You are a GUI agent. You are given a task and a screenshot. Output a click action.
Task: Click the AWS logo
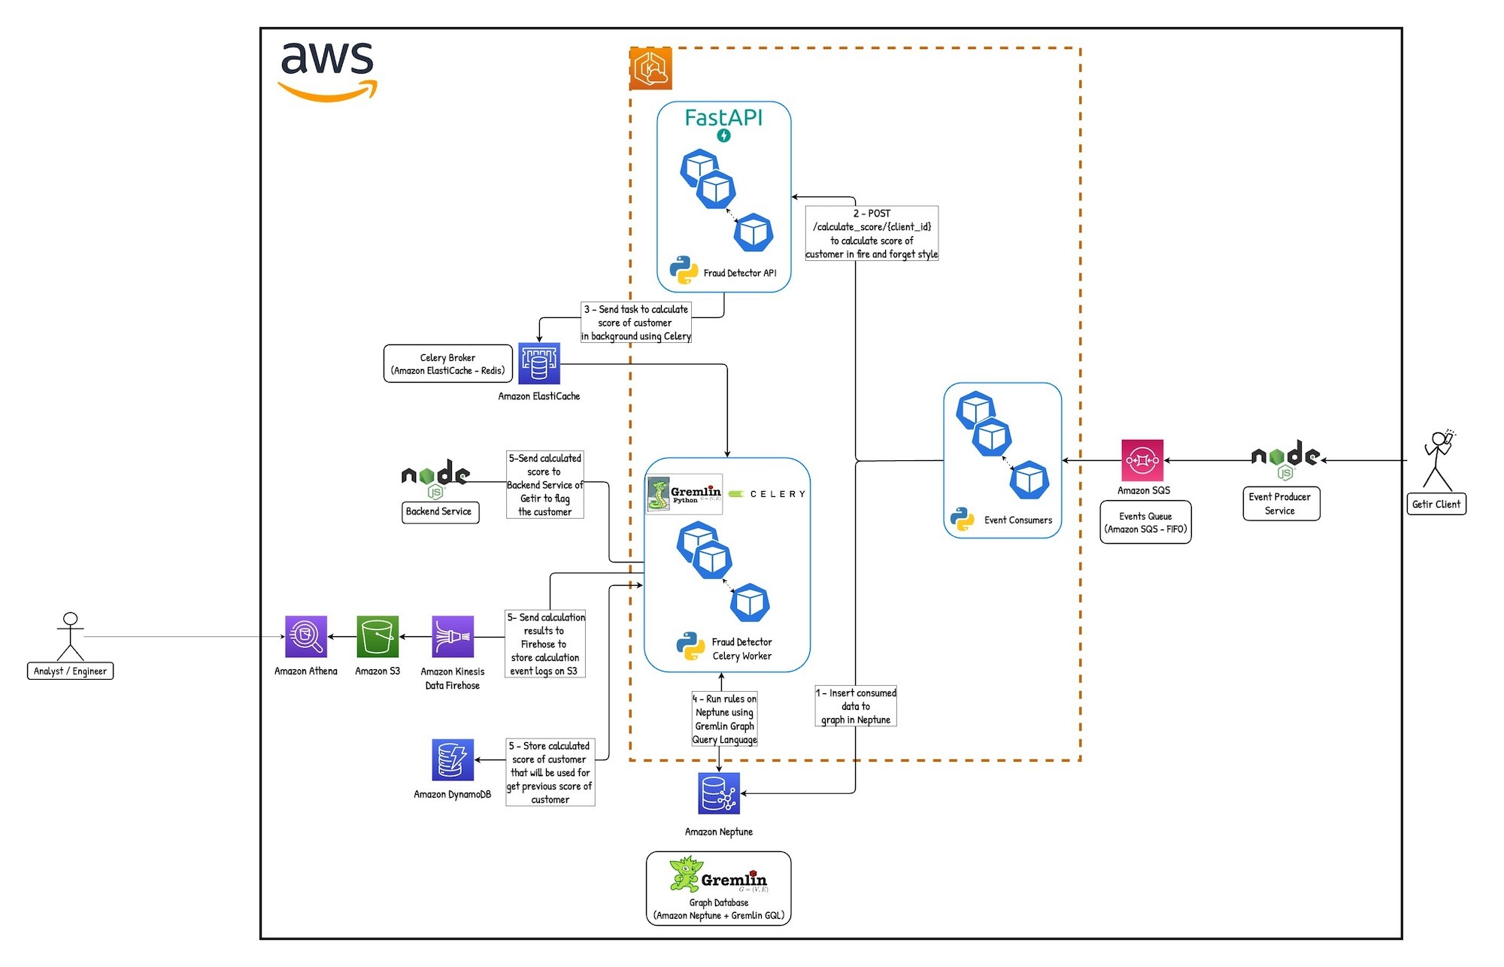pyautogui.click(x=328, y=71)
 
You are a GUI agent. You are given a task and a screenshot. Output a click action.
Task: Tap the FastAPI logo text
pyautogui.click(x=723, y=118)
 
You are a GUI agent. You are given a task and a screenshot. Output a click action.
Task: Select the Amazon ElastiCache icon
pyautogui.click(x=539, y=364)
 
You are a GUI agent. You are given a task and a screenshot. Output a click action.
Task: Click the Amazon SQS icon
pyautogui.click(x=1142, y=460)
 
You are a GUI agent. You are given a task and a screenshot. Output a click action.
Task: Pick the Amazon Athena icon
pyautogui.click(x=306, y=637)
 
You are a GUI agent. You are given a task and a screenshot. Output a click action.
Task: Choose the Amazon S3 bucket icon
pyautogui.click(x=378, y=637)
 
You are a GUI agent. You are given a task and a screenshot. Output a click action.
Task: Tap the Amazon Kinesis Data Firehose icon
pyautogui.click(x=453, y=637)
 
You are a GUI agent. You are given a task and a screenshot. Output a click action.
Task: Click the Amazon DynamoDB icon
pyautogui.click(x=453, y=759)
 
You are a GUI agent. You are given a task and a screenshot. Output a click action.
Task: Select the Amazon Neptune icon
pyautogui.click(x=719, y=793)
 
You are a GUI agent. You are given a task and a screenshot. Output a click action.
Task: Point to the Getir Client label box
pyautogui.click(x=1436, y=504)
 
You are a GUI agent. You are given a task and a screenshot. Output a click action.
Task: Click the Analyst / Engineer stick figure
pyautogui.click(x=70, y=636)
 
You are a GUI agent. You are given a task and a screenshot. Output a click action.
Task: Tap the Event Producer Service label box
pyautogui.click(x=1281, y=504)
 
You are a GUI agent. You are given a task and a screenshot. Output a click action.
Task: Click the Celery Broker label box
pyautogui.click(x=448, y=364)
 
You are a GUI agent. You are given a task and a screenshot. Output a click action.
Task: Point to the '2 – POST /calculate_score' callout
pyautogui.click(x=872, y=234)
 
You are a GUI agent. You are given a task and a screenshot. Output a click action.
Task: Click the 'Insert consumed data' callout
pyautogui.click(x=856, y=706)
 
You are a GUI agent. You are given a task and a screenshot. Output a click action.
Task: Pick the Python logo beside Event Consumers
pyautogui.click(x=963, y=520)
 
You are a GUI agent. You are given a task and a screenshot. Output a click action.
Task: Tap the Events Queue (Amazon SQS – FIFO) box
pyautogui.click(x=1145, y=523)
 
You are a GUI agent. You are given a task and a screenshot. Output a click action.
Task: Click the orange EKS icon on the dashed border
pyautogui.click(x=650, y=68)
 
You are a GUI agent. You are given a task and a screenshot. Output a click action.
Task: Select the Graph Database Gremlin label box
pyautogui.click(x=719, y=888)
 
